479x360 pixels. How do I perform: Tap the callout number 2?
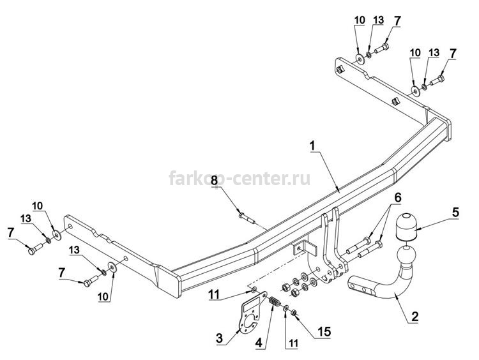click(414, 317)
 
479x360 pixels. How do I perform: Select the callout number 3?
click(220, 338)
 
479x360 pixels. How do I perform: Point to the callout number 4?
click(259, 343)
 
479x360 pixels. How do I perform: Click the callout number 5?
click(455, 213)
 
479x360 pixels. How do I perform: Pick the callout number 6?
click(397, 198)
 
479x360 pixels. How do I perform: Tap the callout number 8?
click(214, 180)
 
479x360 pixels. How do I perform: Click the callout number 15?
click(324, 332)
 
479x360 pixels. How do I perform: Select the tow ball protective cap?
click(407, 227)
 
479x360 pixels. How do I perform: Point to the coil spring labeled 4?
click(275, 303)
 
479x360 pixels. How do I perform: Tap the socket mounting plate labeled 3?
click(251, 315)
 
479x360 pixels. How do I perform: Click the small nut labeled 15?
click(294, 313)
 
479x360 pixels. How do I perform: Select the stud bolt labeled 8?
click(247, 218)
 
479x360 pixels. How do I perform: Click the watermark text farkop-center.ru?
click(240, 179)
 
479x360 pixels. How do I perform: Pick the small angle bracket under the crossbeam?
click(304, 248)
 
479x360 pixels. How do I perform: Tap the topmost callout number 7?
click(397, 21)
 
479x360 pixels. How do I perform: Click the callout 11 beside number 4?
click(293, 344)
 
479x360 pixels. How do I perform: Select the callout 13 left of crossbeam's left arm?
click(26, 219)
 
